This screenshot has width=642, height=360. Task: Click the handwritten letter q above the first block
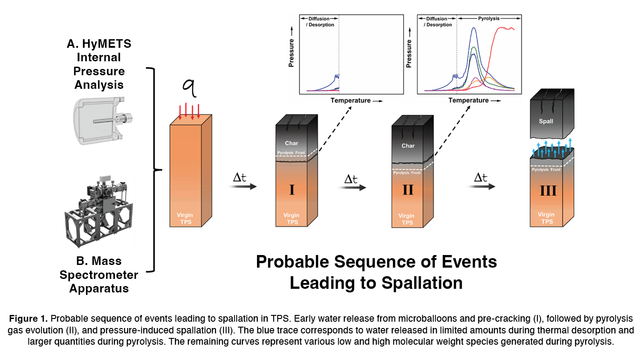point(191,87)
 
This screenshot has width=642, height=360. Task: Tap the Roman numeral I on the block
point(292,189)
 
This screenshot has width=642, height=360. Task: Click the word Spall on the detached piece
point(546,122)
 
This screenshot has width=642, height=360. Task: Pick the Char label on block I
point(292,143)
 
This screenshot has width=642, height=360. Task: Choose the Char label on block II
point(408,146)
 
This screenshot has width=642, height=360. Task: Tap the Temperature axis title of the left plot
point(350,100)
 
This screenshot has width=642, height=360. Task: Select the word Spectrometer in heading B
point(99,274)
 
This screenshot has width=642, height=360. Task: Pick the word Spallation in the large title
point(422,283)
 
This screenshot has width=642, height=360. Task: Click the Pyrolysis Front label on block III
point(546,170)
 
